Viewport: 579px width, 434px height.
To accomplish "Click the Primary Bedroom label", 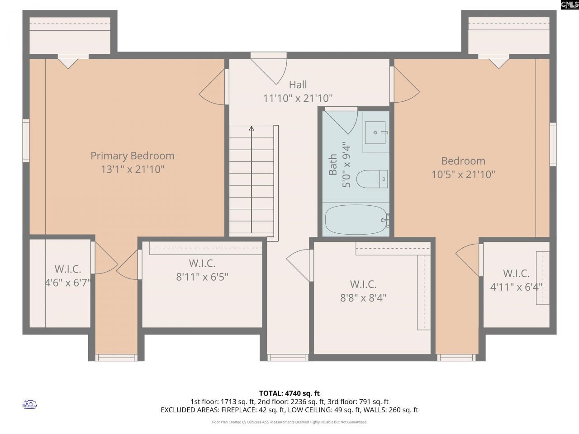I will tap(132, 156).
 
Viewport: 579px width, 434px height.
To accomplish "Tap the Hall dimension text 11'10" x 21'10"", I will tap(298, 98).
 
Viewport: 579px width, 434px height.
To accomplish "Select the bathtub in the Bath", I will tap(356, 220).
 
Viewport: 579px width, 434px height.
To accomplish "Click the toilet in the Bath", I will tap(372, 179).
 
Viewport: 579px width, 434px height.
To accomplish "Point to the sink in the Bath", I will tap(375, 132).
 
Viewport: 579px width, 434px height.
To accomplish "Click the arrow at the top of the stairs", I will tap(252, 129).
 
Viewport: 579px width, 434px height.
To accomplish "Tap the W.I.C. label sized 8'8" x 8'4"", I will tap(363, 284).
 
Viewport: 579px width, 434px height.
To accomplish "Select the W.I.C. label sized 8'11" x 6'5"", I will tap(202, 263).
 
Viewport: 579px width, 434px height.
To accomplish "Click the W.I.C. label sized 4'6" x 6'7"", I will tap(68, 269).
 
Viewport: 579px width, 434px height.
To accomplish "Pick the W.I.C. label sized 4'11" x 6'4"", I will tap(516, 274).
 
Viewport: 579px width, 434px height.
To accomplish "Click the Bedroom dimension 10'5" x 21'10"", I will tap(463, 175).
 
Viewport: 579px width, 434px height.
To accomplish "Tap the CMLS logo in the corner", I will tap(569, 5).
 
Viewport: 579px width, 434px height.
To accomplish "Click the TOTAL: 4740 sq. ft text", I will tap(289, 393).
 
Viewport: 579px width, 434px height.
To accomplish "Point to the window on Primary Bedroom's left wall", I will tap(26, 140).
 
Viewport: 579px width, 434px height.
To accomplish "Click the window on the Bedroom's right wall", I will tap(553, 144).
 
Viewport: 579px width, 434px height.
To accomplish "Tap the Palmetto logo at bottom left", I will tap(30, 404).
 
